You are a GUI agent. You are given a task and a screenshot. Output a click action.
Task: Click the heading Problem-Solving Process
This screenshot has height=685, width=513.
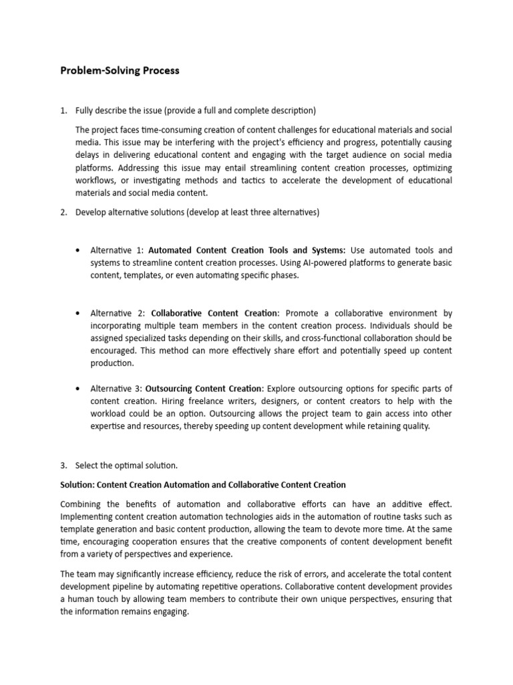pos(120,70)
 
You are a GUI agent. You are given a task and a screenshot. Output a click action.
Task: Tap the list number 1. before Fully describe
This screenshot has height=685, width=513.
pos(64,110)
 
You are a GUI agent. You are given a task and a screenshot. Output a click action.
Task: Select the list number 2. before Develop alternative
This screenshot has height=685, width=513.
pos(64,213)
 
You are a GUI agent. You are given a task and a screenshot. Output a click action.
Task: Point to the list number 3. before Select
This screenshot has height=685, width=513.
pos(64,465)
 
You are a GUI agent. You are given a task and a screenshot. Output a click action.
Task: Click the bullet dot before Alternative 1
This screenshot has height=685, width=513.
pos(79,250)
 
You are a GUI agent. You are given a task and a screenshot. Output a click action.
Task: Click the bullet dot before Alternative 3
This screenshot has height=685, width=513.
pos(79,389)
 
